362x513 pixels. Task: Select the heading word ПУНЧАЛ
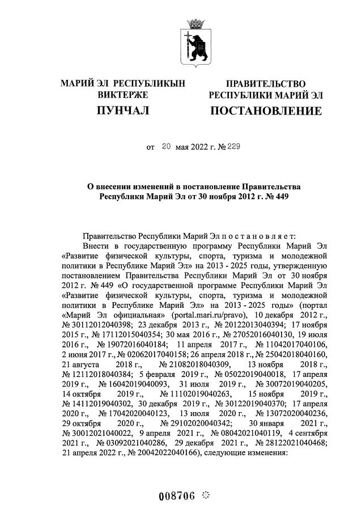tap(123, 111)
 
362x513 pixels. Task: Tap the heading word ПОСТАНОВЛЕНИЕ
tap(266, 111)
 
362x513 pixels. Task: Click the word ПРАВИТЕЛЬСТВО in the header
tap(266, 84)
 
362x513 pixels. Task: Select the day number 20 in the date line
tap(166, 147)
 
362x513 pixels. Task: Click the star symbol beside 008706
tap(206, 495)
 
